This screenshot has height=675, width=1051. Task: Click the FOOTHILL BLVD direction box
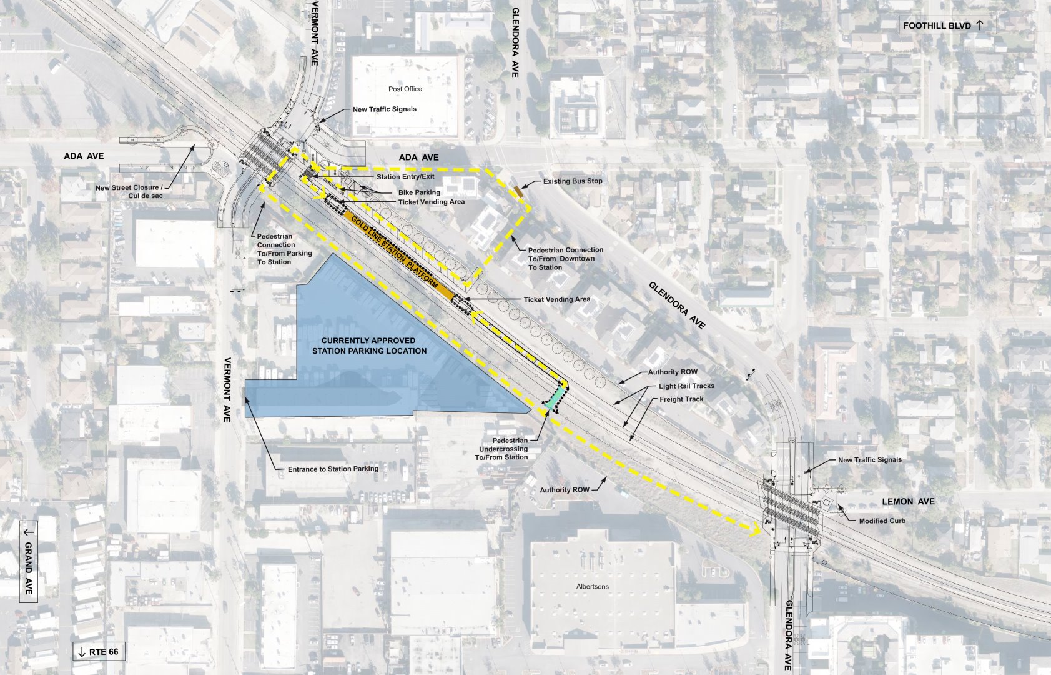pos(946,26)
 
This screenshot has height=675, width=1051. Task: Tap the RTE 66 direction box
pos(99,652)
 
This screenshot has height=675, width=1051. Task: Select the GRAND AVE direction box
pos(29,562)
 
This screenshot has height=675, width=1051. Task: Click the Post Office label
pos(405,89)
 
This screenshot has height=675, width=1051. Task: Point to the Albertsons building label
pos(592,587)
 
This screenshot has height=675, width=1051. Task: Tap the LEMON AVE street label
pos(908,501)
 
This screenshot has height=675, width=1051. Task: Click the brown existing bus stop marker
pos(519,189)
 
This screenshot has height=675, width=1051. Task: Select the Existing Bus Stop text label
pos(573,181)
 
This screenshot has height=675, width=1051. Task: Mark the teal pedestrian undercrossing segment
pos(556,398)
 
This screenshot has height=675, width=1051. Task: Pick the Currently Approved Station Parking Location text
pos(369,346)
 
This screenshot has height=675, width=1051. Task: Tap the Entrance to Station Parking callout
pos(333,469)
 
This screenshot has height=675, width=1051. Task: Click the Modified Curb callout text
pos(882,521)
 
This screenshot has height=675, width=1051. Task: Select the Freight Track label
pos(681,399)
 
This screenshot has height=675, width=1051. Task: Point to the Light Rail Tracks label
pos(686,386)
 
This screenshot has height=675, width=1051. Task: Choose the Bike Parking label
pos(419,192)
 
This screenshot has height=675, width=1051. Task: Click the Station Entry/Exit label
pos(405,177)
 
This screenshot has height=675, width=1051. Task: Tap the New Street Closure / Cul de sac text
pos(129,192)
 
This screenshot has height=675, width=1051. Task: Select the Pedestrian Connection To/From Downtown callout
pos(565,259)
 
